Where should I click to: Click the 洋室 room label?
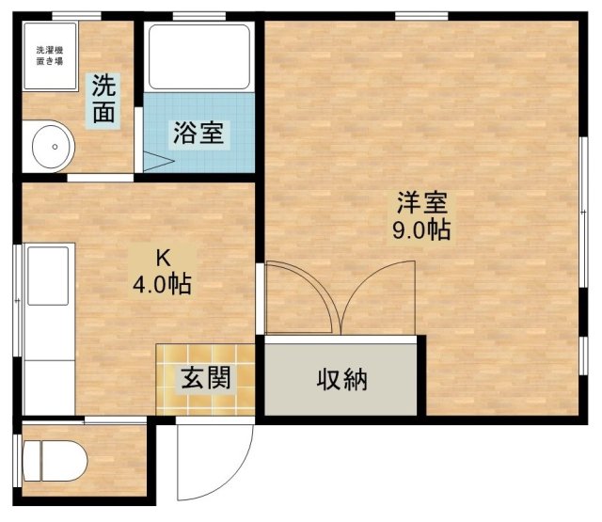click(x=420, y=202)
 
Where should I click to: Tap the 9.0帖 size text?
click(x=420, y=229)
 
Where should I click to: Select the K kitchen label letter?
click(x=162, y=256)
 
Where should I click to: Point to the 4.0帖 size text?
click(x=162, y=282)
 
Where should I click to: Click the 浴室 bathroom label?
click(x=198, y=133)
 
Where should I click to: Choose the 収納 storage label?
click(x=341, y=380)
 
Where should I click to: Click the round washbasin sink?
click(x=51, y=147)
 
